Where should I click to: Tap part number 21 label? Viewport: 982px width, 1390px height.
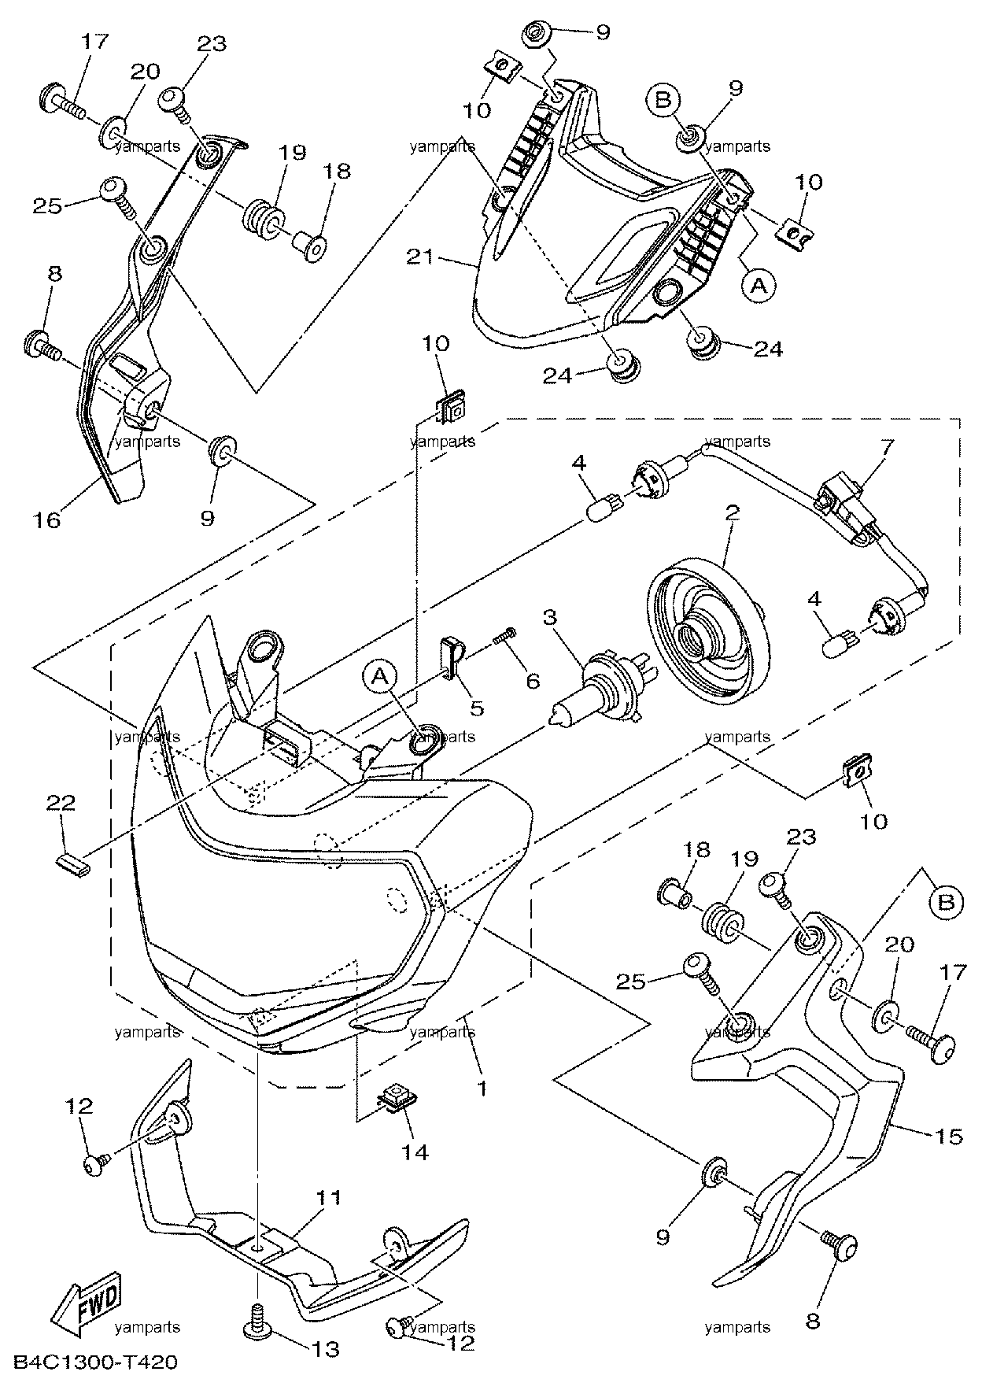[x=421, y=257]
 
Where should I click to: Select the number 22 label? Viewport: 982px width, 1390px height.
[x=61, y=804]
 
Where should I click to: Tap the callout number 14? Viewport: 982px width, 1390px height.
[x=415, y=1152]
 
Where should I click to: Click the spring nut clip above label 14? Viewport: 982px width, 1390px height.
[x=400, y=1096]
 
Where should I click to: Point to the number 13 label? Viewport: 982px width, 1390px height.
[x=326, y=1349]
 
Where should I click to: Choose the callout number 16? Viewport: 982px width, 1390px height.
[x=48, y=520]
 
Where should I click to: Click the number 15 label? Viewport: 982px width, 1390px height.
[x=948, y=1137]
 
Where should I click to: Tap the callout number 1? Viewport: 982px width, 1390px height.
[x=481, y=1089]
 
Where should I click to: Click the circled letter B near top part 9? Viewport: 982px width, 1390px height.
[x=664, y=100]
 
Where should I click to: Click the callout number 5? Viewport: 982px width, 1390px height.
[x=477, y=708]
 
